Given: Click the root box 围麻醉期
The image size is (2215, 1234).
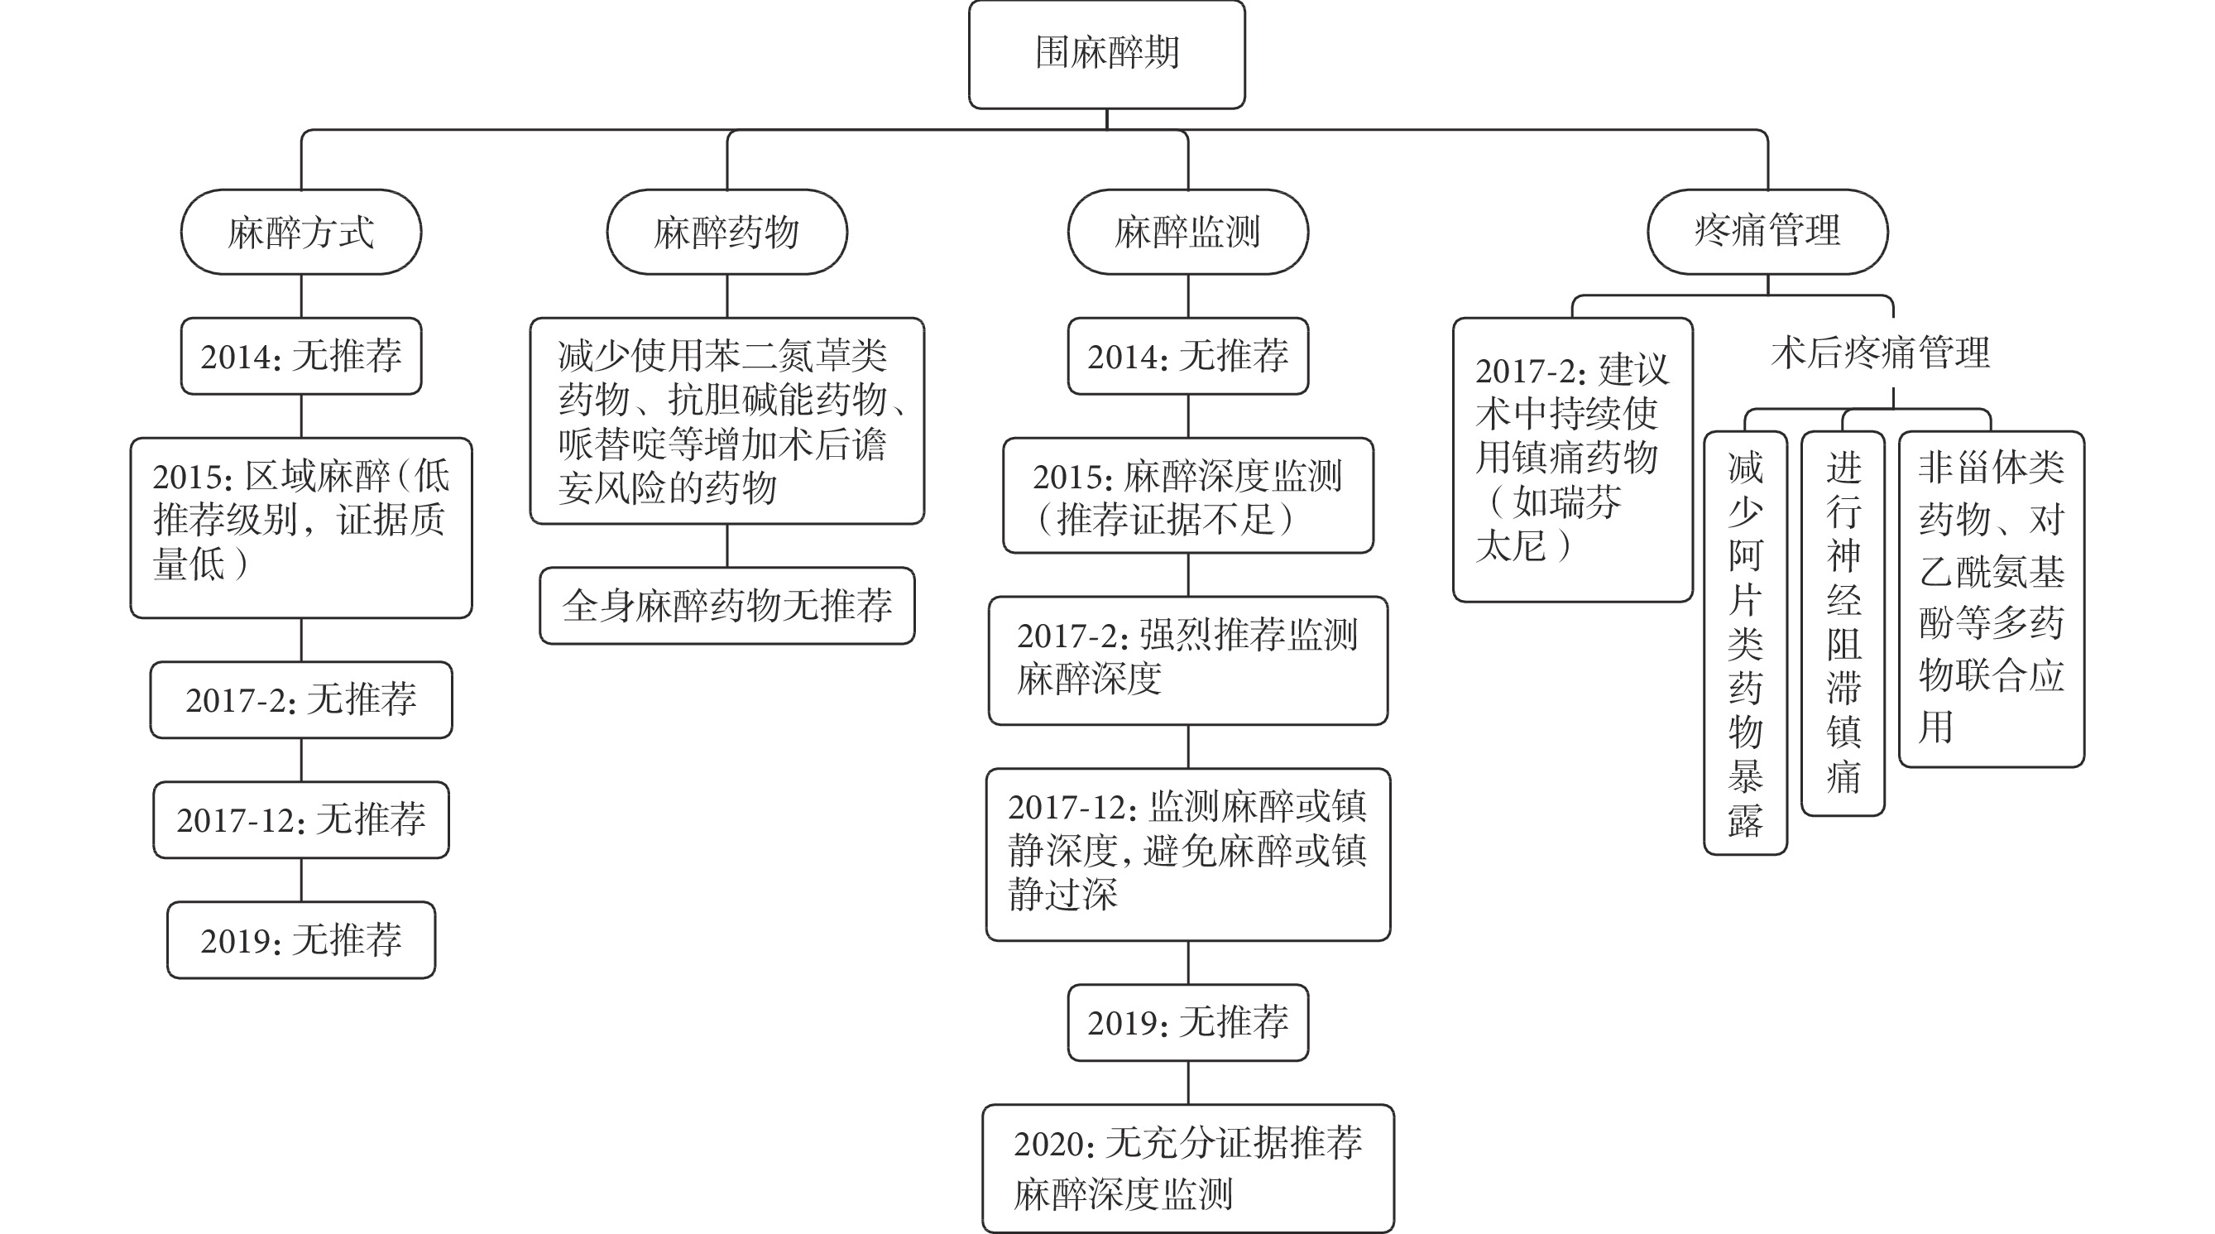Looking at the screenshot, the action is [x=1106, y=54].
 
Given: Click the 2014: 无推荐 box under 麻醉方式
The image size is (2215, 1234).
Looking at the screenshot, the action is [x=301, y=356].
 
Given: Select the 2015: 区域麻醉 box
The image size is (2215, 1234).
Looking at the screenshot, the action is [x=301, y=528].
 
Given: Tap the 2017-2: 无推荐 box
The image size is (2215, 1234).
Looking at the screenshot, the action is [x=301, y=700].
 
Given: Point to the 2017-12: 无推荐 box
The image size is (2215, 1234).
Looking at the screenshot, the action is [x=301, y=819].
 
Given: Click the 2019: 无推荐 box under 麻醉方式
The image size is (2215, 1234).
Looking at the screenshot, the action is [x=301, y=940].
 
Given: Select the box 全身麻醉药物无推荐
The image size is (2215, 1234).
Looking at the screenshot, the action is [x=726, y=605].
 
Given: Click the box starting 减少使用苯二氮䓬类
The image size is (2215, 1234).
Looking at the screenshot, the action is [x=726, y=420].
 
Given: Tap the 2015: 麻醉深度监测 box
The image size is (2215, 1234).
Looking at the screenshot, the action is [x=1187, y=495].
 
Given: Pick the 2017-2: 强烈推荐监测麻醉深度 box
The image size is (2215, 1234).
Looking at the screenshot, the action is [x=1187, y=660].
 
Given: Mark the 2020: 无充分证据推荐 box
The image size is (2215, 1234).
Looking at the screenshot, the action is [x=1187, y=1169].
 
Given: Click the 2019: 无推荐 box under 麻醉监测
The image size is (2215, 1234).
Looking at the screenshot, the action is [x=1187, y=1022].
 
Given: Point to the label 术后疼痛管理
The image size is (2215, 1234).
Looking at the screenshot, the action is [x=1881, y=353].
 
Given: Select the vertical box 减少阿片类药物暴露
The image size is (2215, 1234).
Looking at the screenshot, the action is [x=1746, y=643].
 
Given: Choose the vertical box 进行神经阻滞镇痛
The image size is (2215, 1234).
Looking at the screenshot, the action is [x=1843, y=623].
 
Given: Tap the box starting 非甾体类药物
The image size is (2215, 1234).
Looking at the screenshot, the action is [x=1992, y=598].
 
